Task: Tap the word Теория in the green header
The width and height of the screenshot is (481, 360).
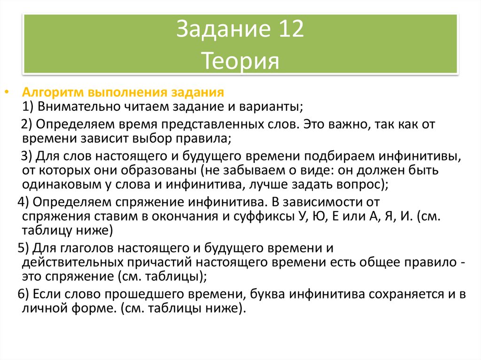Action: [240, 61]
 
